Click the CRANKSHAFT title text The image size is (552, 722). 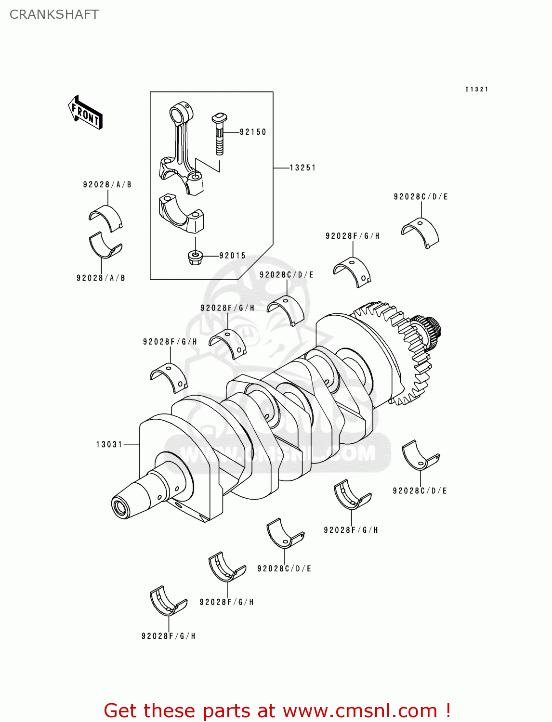(54, 14)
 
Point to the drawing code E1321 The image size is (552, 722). (476, 90)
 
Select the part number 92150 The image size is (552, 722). (253, 132)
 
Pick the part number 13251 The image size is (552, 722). (302, 168)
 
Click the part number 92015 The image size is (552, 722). (232, 256)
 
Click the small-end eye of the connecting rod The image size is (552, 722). (182, 113)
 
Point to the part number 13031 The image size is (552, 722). (109, 444)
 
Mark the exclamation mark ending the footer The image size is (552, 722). (447, 710)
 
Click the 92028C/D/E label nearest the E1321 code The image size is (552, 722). (421, 196)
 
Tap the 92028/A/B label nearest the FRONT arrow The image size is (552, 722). (107, 185)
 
